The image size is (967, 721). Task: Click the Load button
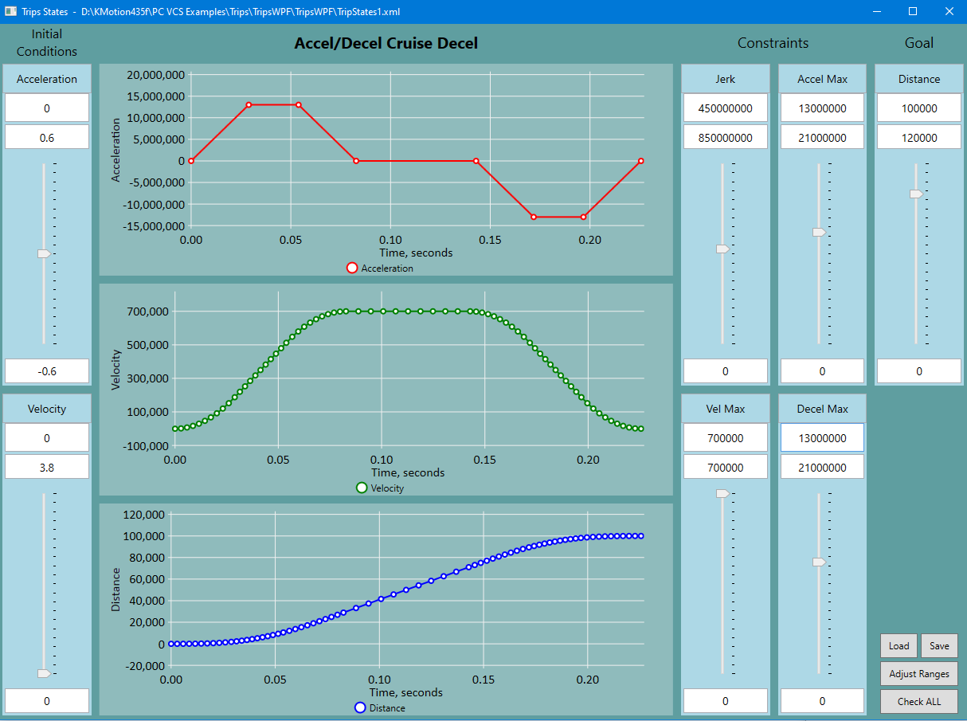(x=898, y=646)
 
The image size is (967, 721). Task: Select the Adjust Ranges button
(x=918, y=674)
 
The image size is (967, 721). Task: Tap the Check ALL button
(x=918, y=702)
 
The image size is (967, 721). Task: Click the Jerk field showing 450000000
(x=725, y=108)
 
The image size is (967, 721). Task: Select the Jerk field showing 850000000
(x=725, y=138)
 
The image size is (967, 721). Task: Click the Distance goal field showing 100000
(x=918, y=108)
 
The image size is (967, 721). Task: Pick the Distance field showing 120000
(x=918, y=138)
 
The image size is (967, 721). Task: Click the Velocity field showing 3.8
(x=47, y=468)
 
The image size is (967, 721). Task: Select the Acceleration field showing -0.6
(x=47, y=371)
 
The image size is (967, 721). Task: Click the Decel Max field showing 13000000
(x=822, y=438)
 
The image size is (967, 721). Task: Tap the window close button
(x=949, y=11)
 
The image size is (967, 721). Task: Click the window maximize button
(x=913, y=11)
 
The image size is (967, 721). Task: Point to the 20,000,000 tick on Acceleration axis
(x=156, y=75)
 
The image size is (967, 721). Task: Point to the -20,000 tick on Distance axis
(x=143, y=666)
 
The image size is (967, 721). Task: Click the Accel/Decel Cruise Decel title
(x=386, y=44)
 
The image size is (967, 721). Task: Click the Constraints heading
(x=773, y=43)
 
